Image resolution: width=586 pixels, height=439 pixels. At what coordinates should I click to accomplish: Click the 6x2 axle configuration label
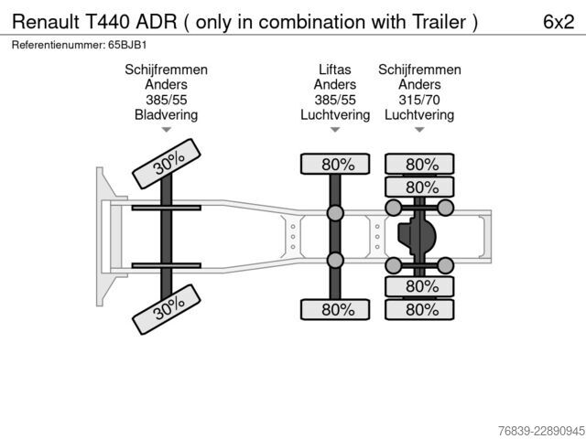click(559, 22)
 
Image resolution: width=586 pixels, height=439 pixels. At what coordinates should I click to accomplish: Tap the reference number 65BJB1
click(127, 45)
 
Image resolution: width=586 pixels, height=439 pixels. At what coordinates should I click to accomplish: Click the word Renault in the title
click(46, 22)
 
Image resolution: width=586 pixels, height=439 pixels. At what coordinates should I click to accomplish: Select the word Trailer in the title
click(439, 22)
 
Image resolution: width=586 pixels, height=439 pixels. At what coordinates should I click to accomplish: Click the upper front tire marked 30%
click(167, 164)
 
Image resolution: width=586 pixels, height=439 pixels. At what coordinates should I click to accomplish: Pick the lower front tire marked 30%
click(167, 309)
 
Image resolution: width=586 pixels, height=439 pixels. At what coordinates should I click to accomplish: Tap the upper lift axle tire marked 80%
click(335, 164)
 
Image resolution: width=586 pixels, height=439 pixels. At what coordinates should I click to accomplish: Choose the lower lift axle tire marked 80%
click(335, 309)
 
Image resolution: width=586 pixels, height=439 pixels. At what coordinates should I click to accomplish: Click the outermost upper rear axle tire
click(419, 164)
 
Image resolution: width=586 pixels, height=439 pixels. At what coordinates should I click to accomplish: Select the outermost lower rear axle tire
click(419, 309)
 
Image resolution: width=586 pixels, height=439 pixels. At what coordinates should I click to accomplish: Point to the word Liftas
click(335, 70)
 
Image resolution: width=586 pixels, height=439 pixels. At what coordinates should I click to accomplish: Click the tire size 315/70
click(419, 100)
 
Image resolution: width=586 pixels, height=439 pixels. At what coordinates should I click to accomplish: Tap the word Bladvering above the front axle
click(167, 115)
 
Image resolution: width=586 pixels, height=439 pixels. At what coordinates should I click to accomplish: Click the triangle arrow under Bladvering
click(167, 130)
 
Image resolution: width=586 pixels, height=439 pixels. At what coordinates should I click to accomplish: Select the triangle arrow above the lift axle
click(335, 130)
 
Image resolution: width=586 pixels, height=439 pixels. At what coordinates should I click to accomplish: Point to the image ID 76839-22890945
click(541, 431)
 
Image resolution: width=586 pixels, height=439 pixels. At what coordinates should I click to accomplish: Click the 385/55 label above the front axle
click(167, 100)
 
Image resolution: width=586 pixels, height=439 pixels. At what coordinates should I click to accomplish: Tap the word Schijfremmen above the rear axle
click(419, 70)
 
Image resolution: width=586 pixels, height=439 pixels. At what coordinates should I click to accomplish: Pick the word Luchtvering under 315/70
click(419, 115)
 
